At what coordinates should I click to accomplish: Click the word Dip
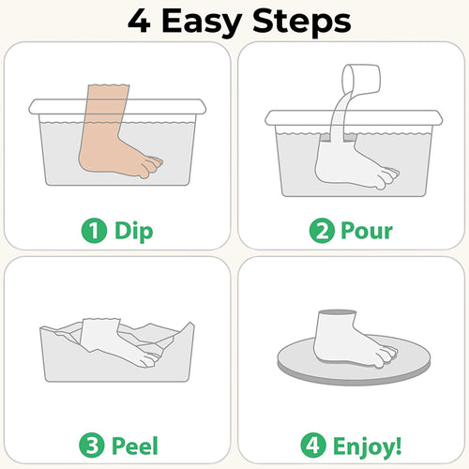(134, 229)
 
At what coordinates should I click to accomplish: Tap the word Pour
(369, 229)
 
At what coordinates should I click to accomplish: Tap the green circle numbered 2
(323, 229)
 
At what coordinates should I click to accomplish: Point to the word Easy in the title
(210, 21)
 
